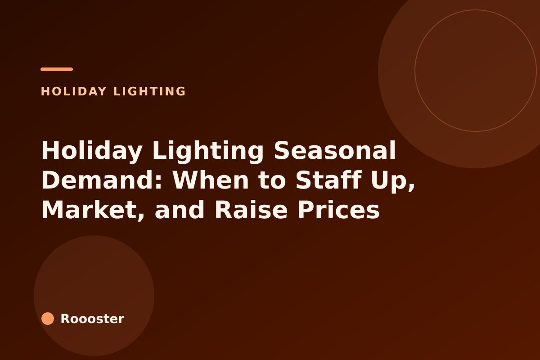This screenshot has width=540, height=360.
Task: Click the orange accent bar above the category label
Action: pos(57,69)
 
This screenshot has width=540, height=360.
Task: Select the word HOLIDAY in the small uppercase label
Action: pos(73,91)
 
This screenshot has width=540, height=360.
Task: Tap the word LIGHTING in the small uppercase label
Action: pos(149,91)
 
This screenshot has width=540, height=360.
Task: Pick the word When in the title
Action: pos(210,180)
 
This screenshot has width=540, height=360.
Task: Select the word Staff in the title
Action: pos(328,180)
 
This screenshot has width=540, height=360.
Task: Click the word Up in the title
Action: pos(390,181)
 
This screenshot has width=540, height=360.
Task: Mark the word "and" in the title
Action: pos(180,209)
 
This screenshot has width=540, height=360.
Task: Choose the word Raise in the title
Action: pos(251,209)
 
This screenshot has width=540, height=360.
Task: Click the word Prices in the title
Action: pos(339,209)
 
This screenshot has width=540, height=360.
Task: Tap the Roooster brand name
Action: pos(92,319)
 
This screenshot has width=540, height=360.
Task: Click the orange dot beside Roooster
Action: pos(48,319)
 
